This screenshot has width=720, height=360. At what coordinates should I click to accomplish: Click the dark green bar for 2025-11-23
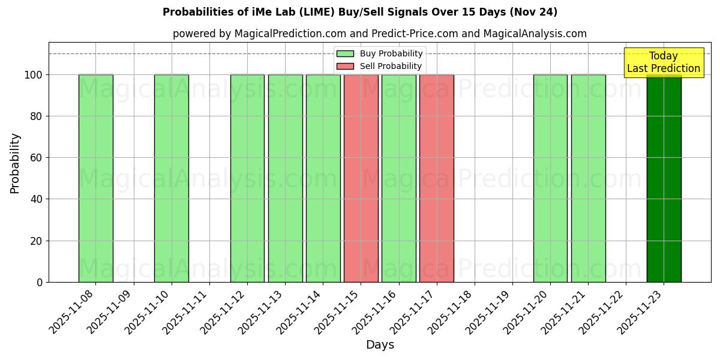(664, 180)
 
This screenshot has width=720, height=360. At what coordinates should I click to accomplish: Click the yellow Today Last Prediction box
(664, 62)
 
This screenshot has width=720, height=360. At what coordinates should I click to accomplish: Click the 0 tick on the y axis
(39, 282)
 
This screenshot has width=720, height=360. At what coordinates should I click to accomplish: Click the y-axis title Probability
(16, 163)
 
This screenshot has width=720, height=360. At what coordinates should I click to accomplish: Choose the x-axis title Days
(380, 345)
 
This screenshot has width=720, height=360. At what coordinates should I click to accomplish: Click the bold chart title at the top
(360, 12)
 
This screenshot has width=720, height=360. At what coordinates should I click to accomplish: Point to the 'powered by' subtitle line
(380, 34)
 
